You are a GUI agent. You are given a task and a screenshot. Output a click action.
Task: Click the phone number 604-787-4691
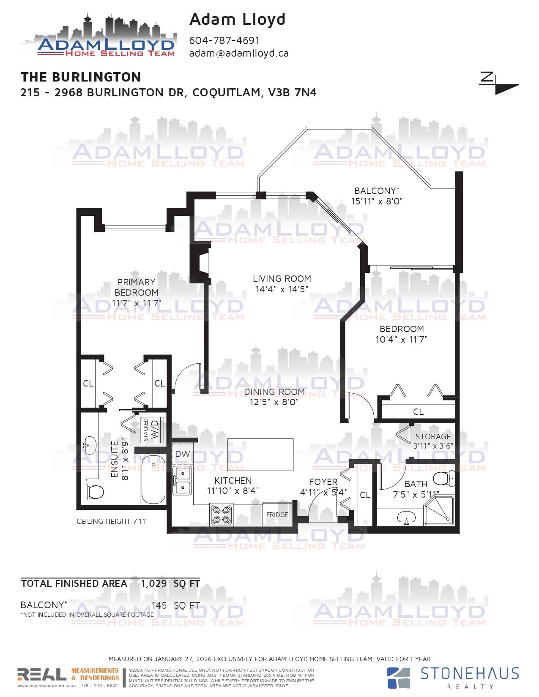coord(224,41)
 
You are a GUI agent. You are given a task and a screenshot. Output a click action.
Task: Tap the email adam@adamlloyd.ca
coord(238,53)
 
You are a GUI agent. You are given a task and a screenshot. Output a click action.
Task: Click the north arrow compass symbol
coord(498,84)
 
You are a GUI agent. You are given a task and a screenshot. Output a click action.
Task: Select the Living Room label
coord(282,279)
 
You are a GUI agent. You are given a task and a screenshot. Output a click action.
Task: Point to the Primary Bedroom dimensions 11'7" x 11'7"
coord(137,303)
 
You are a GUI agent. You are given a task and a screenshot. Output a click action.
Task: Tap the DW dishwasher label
coord(182,454)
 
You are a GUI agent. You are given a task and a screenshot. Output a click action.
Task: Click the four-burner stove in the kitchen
coord(222,514)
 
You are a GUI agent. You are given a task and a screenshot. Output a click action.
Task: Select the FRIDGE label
coord(277,515)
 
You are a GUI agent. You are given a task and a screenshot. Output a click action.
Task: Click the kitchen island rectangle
coord(260,455)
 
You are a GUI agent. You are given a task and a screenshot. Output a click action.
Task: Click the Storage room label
coord(433,436)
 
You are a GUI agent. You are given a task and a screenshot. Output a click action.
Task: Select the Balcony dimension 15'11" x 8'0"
coord(377,201)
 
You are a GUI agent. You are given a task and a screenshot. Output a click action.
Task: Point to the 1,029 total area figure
coord(154,583)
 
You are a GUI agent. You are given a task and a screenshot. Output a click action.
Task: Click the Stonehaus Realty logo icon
coord(398,678)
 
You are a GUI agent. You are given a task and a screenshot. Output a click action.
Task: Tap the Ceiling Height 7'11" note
coord(112,521)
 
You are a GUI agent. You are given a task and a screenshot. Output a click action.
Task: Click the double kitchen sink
coord(182,480)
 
